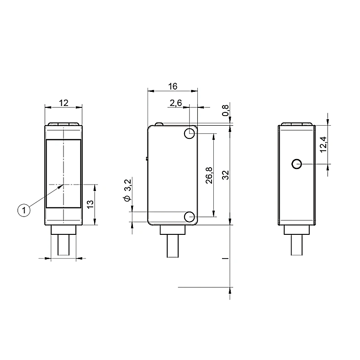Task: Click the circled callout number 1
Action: click(x=24, y=210)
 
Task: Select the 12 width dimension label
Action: click(x=64, y=103)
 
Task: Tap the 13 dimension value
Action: click(x=90, y=204)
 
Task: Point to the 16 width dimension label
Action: click(x=173, y=86)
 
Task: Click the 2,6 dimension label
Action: click(x=176, y=104)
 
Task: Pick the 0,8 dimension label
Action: click(x=226, y=110)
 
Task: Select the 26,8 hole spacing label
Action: click(x=209, y=175)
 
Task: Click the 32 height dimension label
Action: click(x=226, y=175)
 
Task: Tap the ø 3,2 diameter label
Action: click(x=127, y=191)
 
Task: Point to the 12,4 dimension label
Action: click(x=323, y=144)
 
